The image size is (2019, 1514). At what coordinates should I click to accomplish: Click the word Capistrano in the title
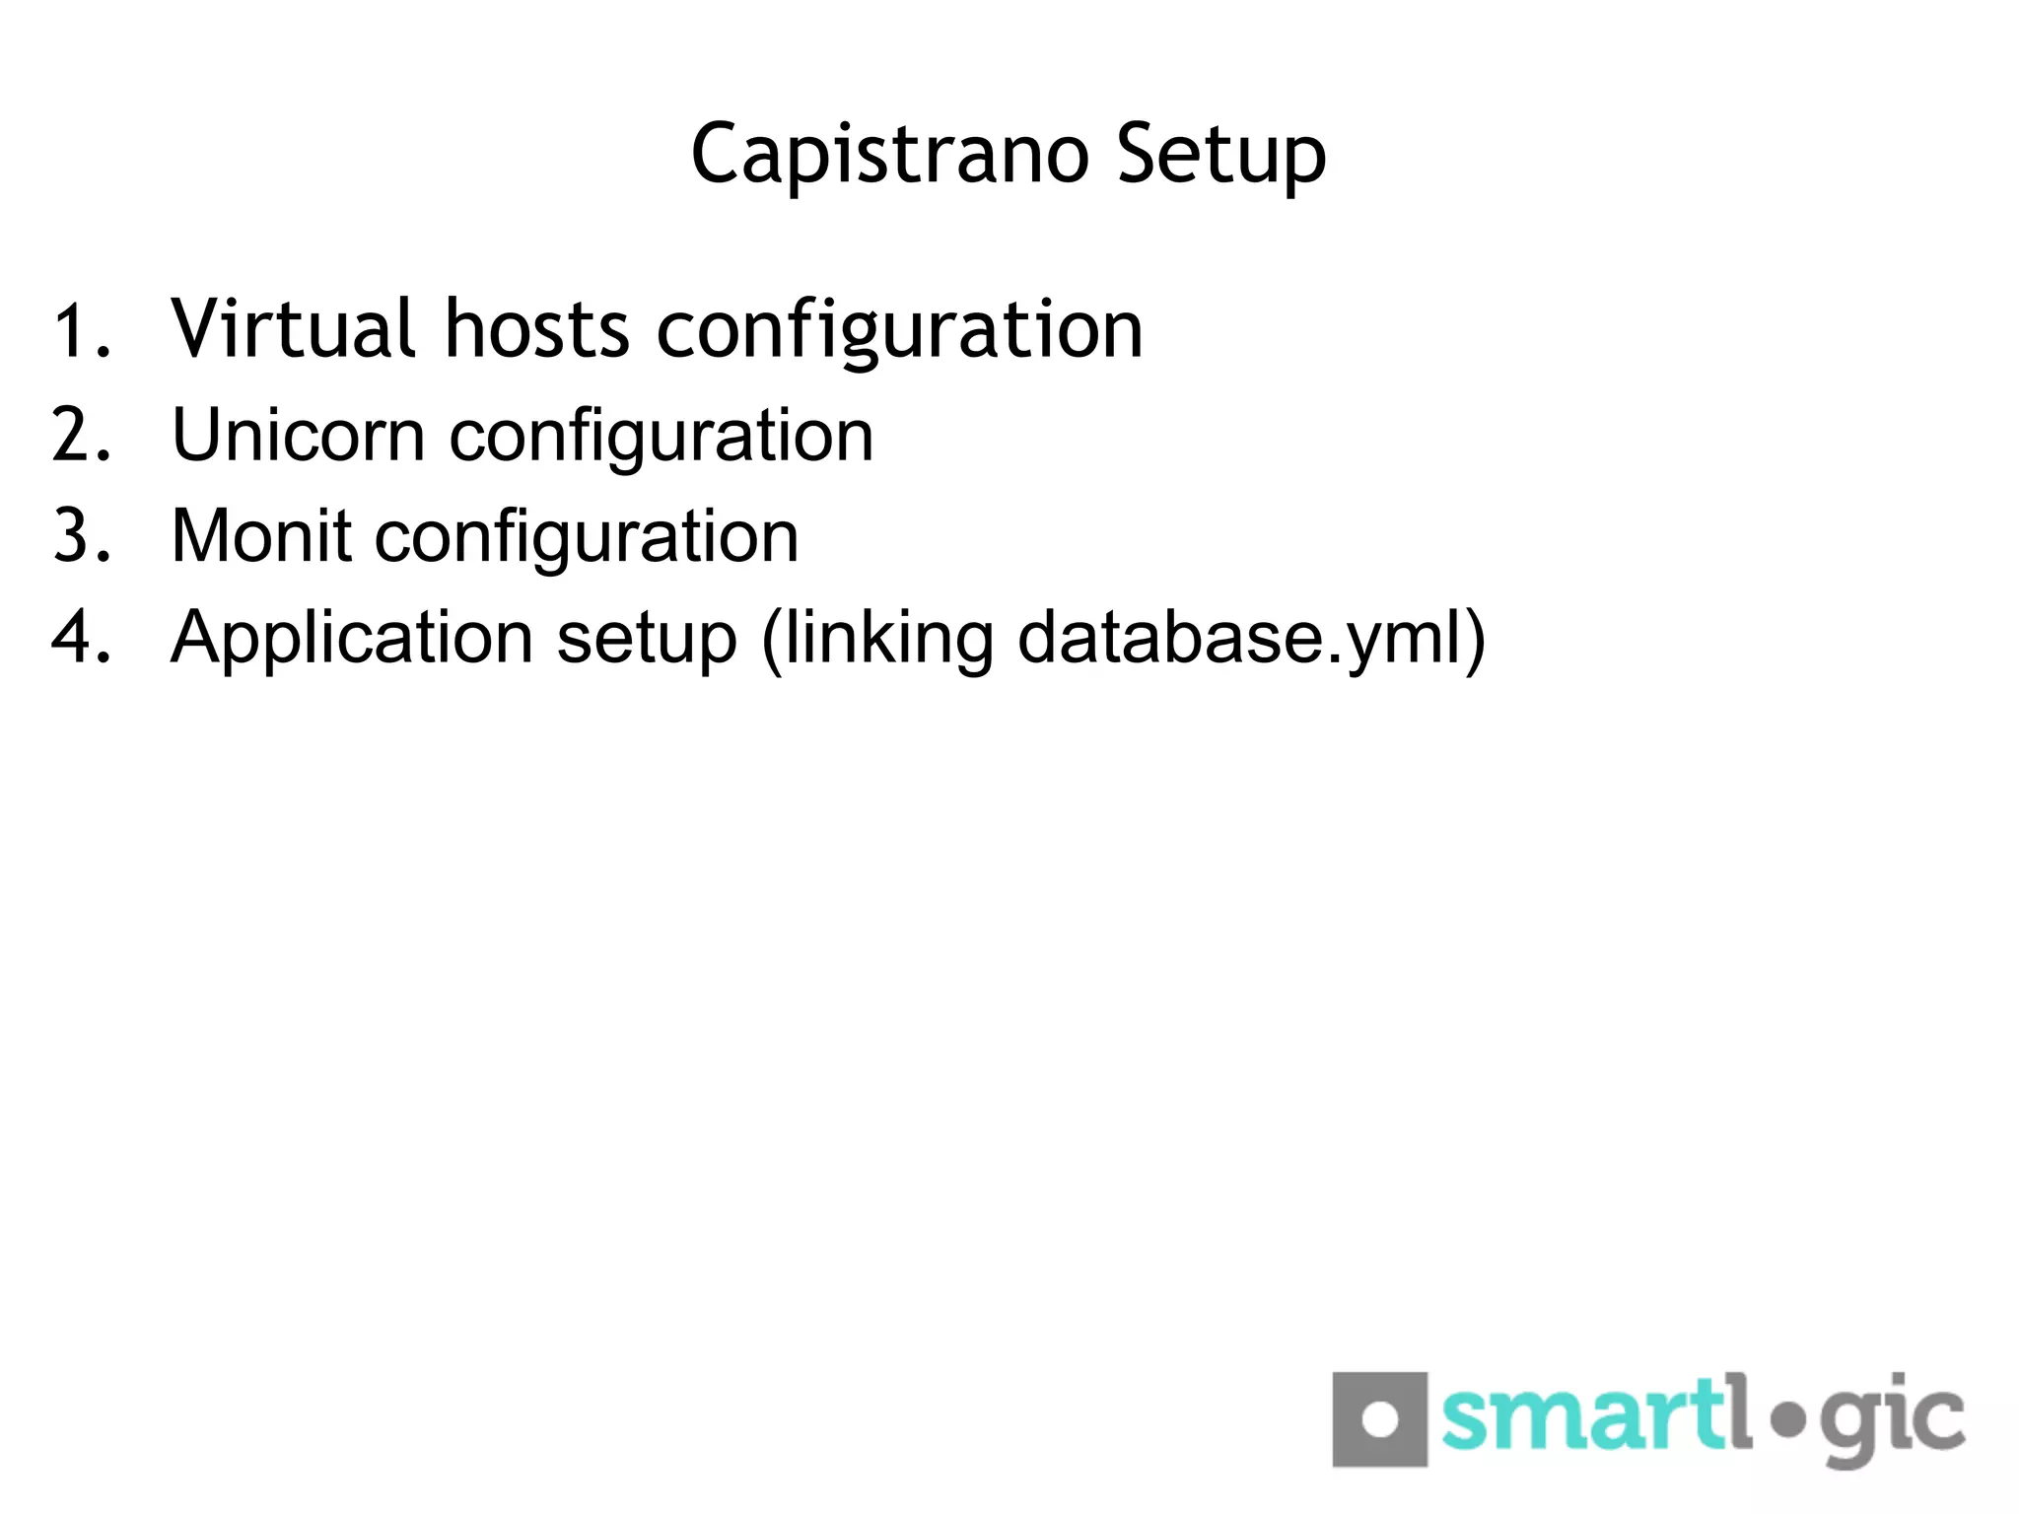tap(889, 155)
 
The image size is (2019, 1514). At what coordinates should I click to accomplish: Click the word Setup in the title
tap(1221, 155)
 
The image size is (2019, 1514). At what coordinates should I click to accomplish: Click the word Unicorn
tap(298, 435)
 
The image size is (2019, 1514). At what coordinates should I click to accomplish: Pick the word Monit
tap(261, 536)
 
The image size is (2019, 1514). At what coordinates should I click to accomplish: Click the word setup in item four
tap(647, 639)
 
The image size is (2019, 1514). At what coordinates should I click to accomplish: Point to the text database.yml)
tap(1250, 639)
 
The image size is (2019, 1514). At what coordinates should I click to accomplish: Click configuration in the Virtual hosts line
tap(899, 330)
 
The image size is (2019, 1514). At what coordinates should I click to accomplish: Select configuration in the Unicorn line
tap(661, 437)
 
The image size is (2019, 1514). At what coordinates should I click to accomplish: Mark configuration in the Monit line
tap(587, 538)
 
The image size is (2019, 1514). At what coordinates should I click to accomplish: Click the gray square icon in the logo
tap(1379, 1419)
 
